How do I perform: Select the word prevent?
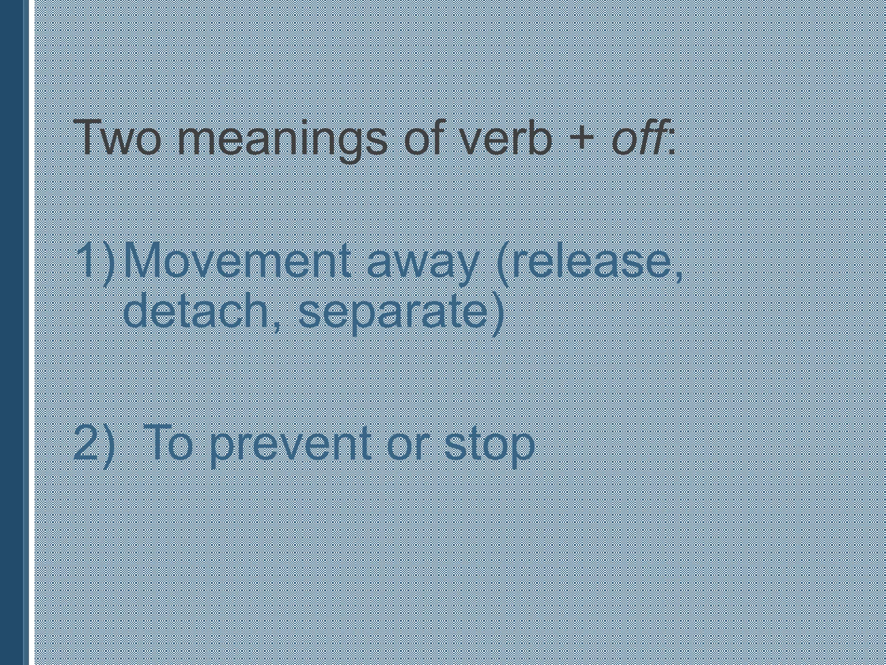coord(289,446)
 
